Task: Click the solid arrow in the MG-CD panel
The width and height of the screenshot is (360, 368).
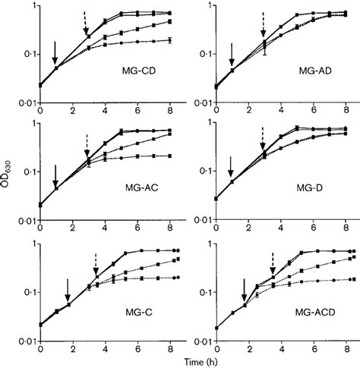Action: click(55, 54)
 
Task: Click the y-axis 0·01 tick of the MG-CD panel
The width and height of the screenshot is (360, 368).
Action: click(22, 100)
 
